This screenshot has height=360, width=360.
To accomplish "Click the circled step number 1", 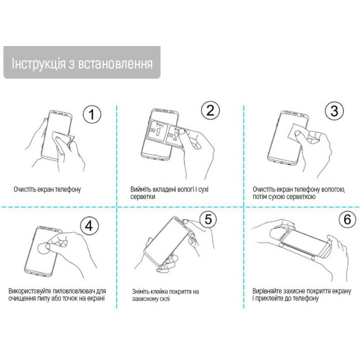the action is pyautogui.click(x=92, y=114).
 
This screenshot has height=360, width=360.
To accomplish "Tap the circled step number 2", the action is pyautogui.click(x=210, y=110).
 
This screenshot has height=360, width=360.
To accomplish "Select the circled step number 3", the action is pyautogui.click(x=334, y=110).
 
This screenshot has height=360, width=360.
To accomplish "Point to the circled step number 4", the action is pyautogui.click(x=89, y=225).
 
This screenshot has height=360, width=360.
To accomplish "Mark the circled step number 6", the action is pyautogui.click(x=348, y=219).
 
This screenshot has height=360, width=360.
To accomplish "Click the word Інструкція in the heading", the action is pyautogui.click(x=38, y=63).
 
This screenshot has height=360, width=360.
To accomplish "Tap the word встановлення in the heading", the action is pyautogui.click(x=115, y=64).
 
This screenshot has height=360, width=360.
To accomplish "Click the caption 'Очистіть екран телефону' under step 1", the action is pyautogui.click(x=47, y=189).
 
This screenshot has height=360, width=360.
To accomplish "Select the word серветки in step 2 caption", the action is pyautogui.click(x=143, y=197).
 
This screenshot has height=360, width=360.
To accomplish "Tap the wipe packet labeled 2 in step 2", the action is pyautogui.click(x=175, y=137).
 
